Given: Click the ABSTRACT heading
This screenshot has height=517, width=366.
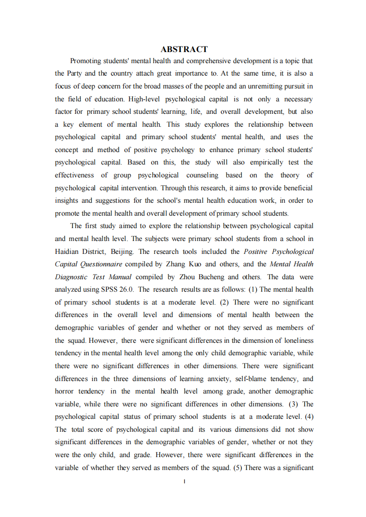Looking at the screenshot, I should coord(184,49).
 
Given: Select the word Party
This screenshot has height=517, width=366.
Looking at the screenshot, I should coord(75,73).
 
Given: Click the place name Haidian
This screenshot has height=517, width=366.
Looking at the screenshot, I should coord(67,252).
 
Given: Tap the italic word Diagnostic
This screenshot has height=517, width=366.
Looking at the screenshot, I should coord(71,277).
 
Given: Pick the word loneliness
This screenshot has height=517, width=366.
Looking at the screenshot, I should coord(296,341).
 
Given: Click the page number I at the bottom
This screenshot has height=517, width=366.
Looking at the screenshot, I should coord(184,482).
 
